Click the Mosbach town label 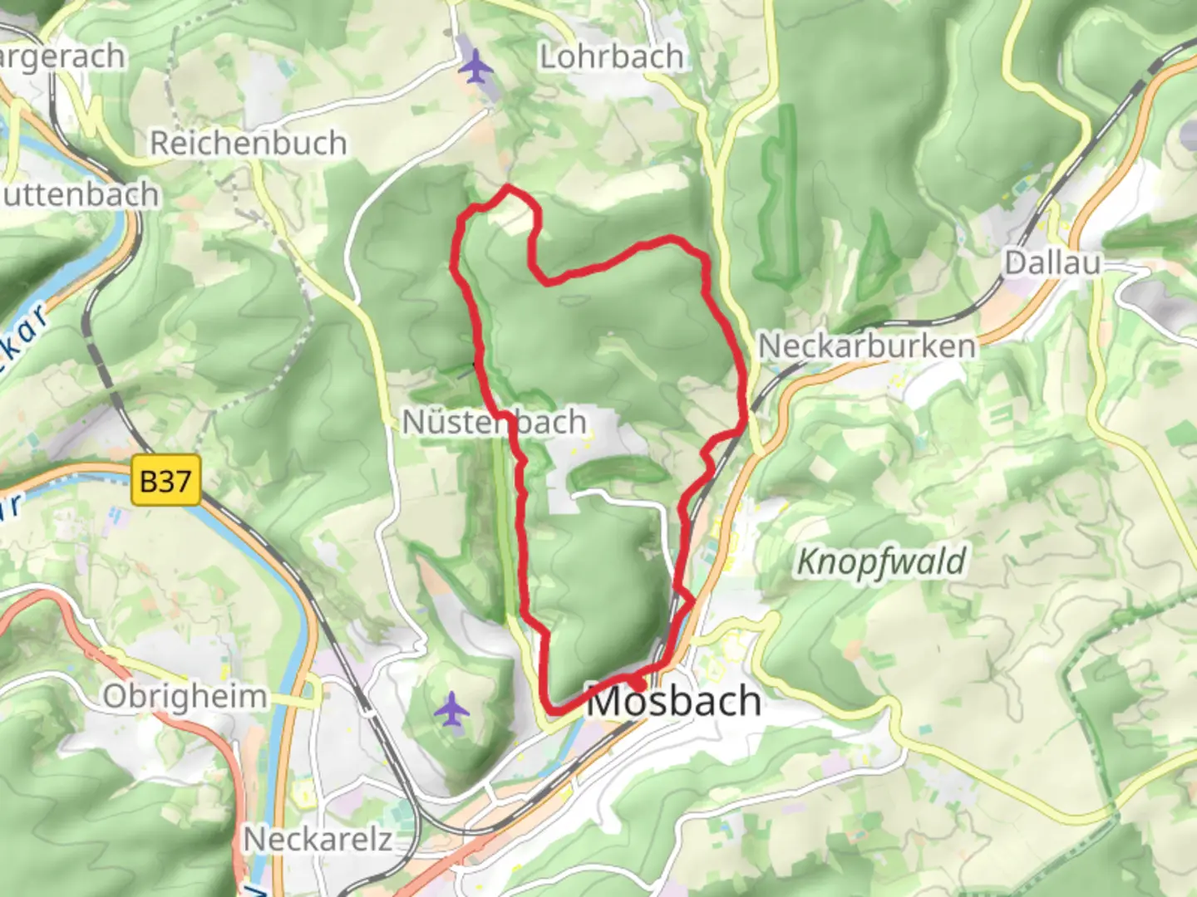point(674,703)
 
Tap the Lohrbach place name point(612,57)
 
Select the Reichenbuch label point(248,144)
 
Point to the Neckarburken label point(867,346)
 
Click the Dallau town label point(1052,263)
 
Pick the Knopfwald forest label point(881,562)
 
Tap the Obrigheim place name point(185,696)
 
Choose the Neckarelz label point(318,839)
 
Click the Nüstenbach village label point(494,422)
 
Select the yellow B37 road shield point(166,480)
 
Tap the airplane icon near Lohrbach point(475,66)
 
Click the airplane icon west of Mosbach point(451,710)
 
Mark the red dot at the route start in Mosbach point(636,683)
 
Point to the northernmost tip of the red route point(507,189)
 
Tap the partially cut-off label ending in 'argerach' point(62,57)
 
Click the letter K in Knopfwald point(805,562)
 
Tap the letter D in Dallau point(1013,263)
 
